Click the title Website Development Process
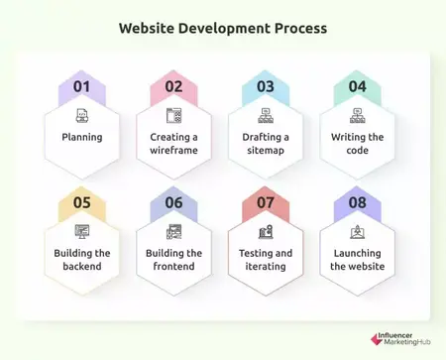tap(223, 28)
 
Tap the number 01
tap(81, 86)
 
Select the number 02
tap(173, 86)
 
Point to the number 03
tap(266, 86)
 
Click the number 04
tap(358, 86)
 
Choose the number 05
tap(81, 203)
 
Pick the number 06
tap(173, 203)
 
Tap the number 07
tap(266, 203)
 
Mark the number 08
tap(358, 203)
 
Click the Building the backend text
tap(81, 260)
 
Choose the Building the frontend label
tap(173, 260)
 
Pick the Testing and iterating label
tap(266, 260)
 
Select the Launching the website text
tap(358, 260)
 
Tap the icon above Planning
tap(81, 115)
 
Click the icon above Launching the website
tap(358, 232)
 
